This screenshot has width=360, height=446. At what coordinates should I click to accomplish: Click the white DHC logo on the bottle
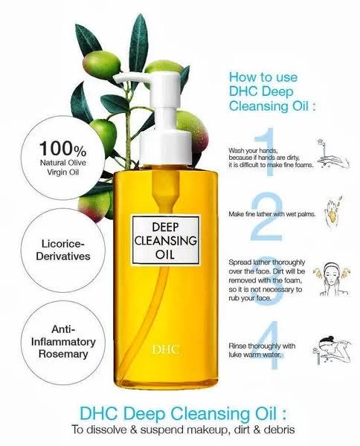166,349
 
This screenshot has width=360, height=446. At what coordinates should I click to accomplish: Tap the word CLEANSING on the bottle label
165,241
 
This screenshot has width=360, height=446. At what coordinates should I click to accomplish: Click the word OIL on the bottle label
165,254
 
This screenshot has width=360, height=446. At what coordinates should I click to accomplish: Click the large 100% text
62,149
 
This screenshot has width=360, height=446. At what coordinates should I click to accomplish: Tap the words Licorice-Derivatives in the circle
63,250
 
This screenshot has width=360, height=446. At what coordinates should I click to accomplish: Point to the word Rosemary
63,354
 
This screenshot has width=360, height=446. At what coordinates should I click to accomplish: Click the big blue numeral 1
266,152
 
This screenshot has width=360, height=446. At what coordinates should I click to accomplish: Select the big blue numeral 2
266,216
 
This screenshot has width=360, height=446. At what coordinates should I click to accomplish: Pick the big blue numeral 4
268,346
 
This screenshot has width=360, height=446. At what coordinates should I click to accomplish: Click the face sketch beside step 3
332,279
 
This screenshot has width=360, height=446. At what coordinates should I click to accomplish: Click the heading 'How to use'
263,77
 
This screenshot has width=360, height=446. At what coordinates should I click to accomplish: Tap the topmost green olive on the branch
101,65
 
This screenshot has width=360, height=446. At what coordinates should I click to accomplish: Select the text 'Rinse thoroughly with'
262,346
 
